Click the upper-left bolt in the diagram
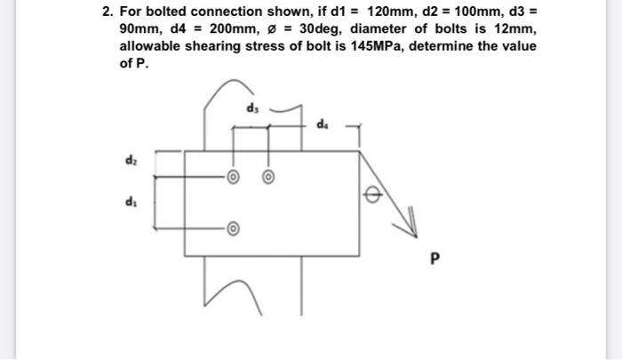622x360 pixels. pyautogui.click(x=233, y=176)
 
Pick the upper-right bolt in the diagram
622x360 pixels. pyautogui.click(x=267, y=176)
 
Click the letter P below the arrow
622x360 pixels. pyautogui.click(x=435, y=261)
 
